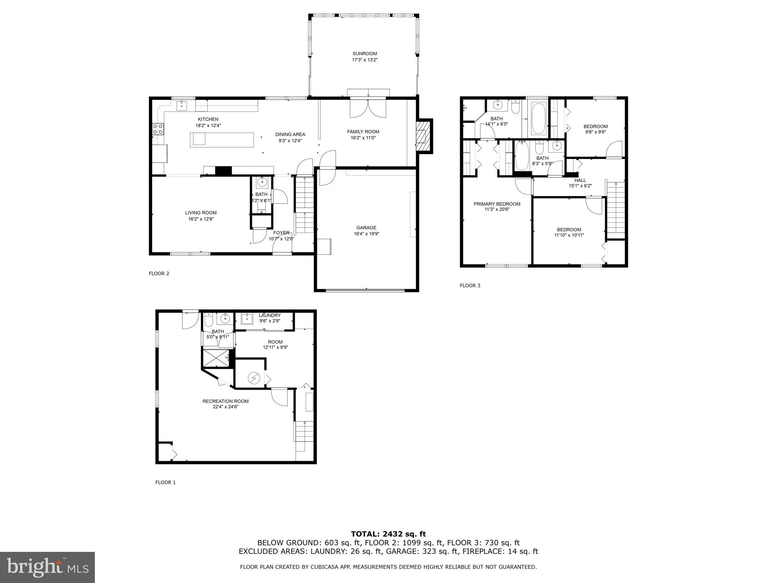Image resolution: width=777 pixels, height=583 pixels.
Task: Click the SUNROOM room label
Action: pos(365,54)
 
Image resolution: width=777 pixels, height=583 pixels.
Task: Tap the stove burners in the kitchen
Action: pos(158,129)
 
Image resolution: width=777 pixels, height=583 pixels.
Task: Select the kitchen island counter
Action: pos(222,139)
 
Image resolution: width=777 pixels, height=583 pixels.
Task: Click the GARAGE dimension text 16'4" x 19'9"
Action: pos(366,234)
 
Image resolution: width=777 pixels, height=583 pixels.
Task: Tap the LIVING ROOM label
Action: pos(201,213)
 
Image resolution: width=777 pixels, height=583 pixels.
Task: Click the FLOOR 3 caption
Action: pos(470,285)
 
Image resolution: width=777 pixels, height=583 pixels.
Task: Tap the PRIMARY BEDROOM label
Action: pos(497,204)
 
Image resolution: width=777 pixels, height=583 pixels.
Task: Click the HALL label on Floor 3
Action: pos(580,180)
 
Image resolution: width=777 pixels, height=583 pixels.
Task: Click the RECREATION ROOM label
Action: pos(225,401)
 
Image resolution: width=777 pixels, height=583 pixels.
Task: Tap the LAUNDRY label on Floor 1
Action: pos(270,315)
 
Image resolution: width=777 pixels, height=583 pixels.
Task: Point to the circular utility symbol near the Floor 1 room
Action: pos(253,378)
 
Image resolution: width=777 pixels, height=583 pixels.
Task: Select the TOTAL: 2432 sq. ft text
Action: pos(388,534)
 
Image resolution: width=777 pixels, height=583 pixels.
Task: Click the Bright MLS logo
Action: pos(47,567)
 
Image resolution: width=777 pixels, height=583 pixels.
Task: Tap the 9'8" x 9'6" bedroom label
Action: pos(595,126)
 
